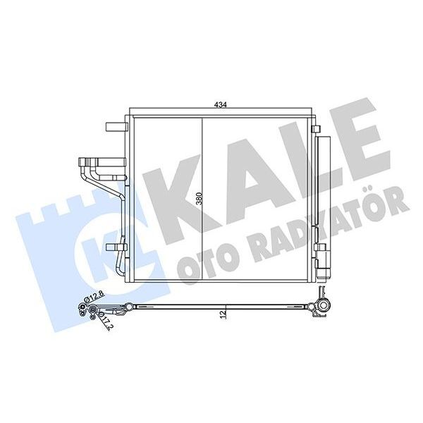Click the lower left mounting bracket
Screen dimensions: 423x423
pyautogui.click(x=114, y=247)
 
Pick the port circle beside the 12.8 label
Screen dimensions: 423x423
pyautogui.click(x=84, y=305)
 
